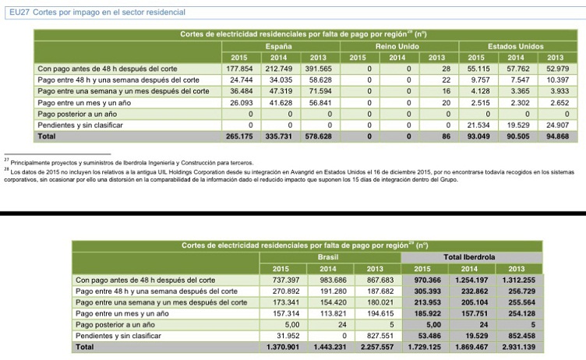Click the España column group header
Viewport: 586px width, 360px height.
coord(278,46)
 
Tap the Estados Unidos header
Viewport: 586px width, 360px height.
coord(516,46)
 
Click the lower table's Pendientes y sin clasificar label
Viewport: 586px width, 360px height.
coord(121,335)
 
